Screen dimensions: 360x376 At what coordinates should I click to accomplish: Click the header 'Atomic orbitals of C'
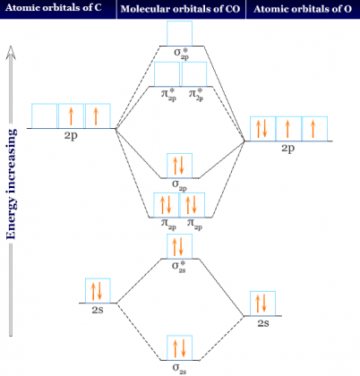click(54, 8)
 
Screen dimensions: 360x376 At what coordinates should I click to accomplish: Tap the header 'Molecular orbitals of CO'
click(180, 9)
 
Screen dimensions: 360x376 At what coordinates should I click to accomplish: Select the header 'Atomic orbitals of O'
click(303, 9)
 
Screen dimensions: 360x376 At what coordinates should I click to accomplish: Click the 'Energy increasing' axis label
click(11, 184)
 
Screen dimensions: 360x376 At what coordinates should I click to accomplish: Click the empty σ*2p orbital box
click(179, 33)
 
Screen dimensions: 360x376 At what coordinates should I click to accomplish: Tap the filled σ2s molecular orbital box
click(179, 347)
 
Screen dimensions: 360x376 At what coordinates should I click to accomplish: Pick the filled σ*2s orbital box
click(179, 246)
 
